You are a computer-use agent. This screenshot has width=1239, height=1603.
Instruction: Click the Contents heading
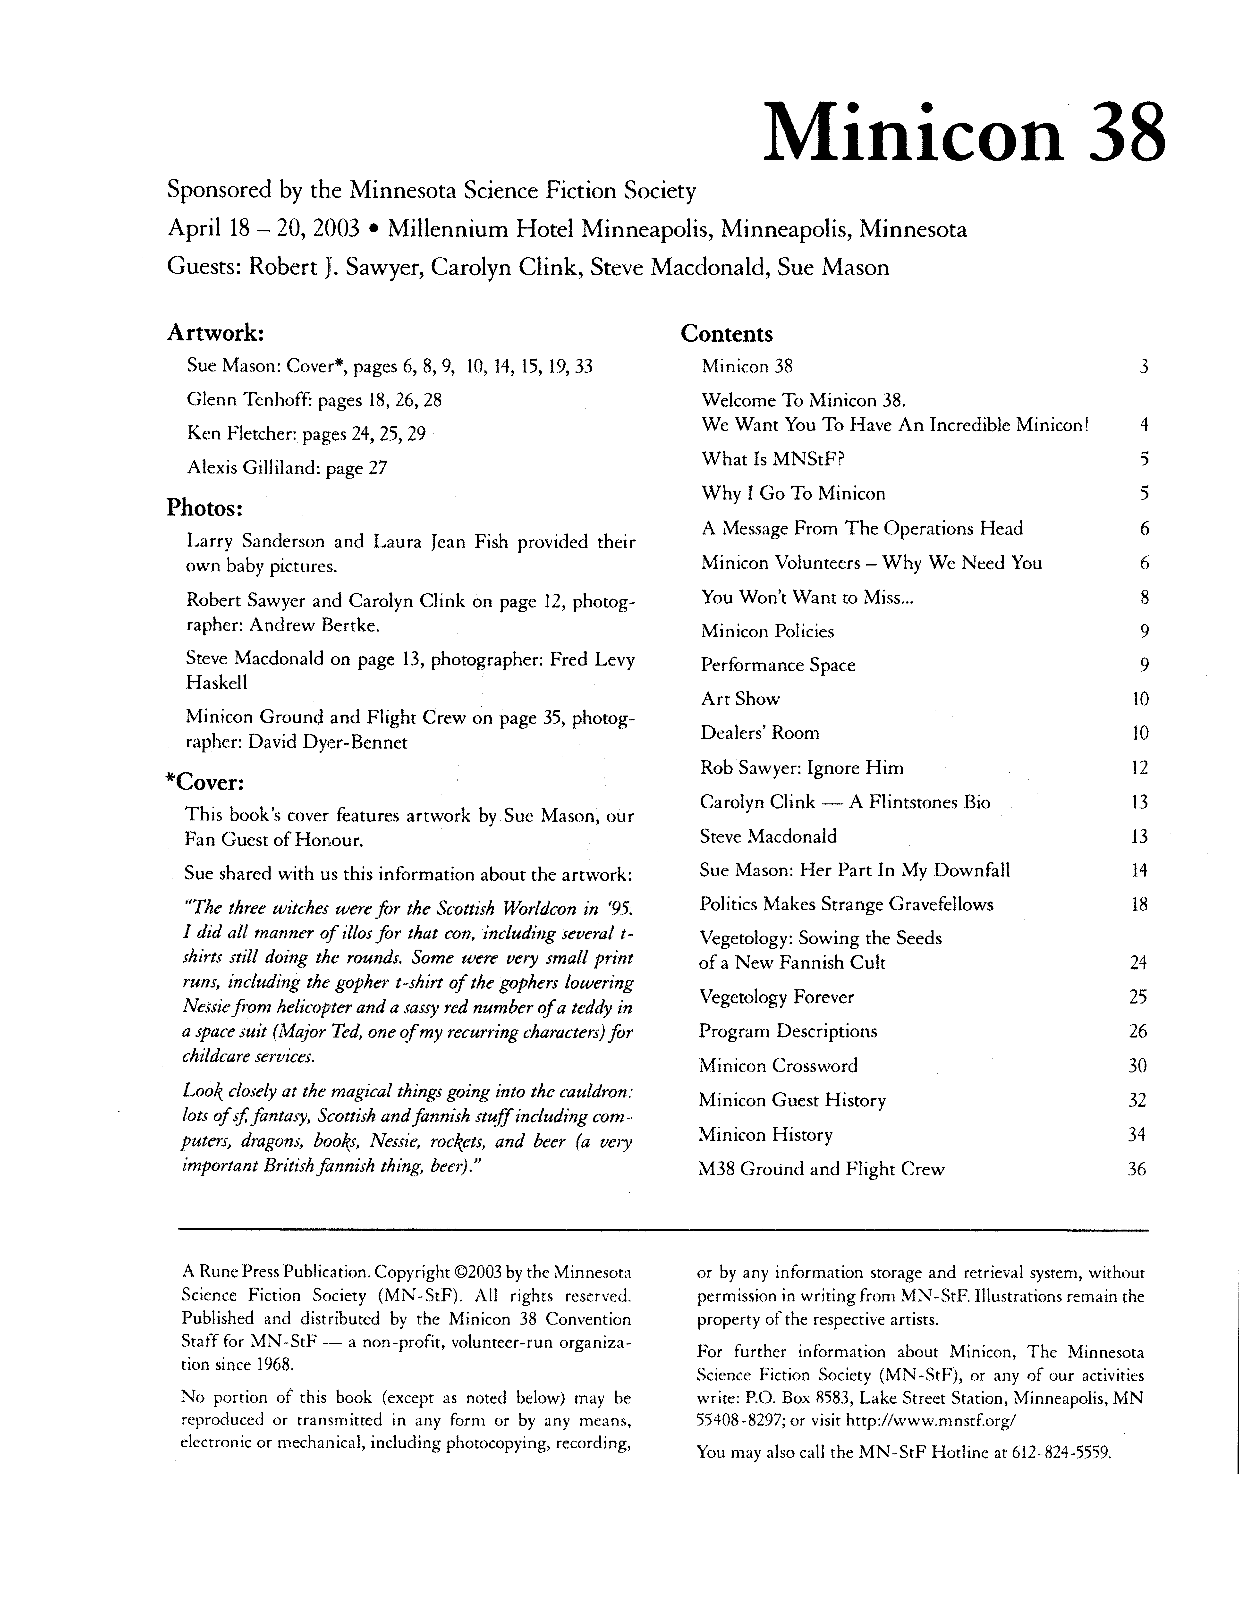pyautogui.click(x=727, y=334)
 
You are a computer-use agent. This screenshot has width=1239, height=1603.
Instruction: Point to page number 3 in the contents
pyautogui.click(x=1144, y=366)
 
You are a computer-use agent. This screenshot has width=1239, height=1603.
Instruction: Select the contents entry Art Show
pyautogui.click(x=740, y=699)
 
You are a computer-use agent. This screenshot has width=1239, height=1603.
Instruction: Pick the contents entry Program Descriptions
pyautogui.click(x=788, y=1031)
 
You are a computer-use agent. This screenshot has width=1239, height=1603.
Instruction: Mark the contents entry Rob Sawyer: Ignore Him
pyautogui.click(x=802, y=768)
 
